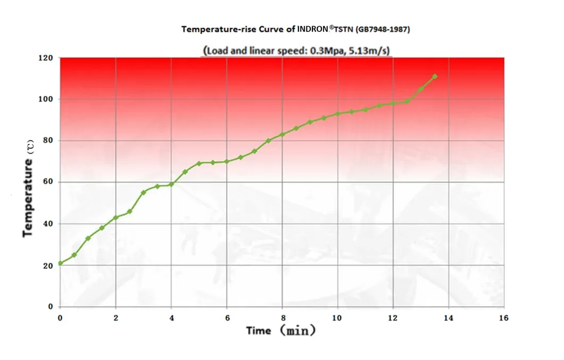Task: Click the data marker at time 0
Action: click(x=60, y=263)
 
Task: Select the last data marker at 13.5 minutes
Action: click(x=435, y=76)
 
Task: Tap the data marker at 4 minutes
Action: click(x=171, y=184)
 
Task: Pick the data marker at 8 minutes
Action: click(x=283, y=134)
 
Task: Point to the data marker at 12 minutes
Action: click(x=393, y=103)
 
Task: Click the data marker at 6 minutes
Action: click(x=227, y=161)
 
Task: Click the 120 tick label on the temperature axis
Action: click(x=47, y=58)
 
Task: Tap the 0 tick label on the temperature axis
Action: click(x=51, y=307)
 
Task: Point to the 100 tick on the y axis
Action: click(x=47, y=100)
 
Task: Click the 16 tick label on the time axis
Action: click(x=504, y=318)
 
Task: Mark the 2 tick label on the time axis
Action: click(x=115, y=318)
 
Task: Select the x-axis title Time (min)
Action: click(x=281, y=331)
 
